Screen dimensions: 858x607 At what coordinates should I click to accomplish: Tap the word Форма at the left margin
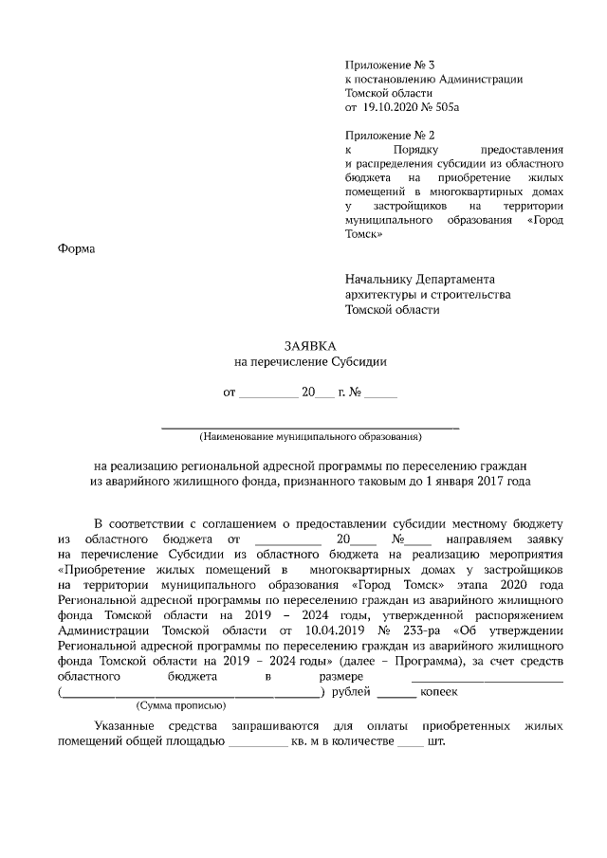(x=76, y=248)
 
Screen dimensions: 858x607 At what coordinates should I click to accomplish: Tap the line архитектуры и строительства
(x=428, y=295)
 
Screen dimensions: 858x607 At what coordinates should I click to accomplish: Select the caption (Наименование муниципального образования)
(x=310, y=437)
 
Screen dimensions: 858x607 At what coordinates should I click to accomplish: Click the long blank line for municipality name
(x=310, y=427)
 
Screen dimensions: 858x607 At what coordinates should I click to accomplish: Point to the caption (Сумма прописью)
(x=180, y=705)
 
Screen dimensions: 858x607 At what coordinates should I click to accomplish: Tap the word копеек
(x=439, y=692)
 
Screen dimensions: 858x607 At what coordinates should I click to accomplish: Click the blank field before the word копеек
(x=395, y=694)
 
